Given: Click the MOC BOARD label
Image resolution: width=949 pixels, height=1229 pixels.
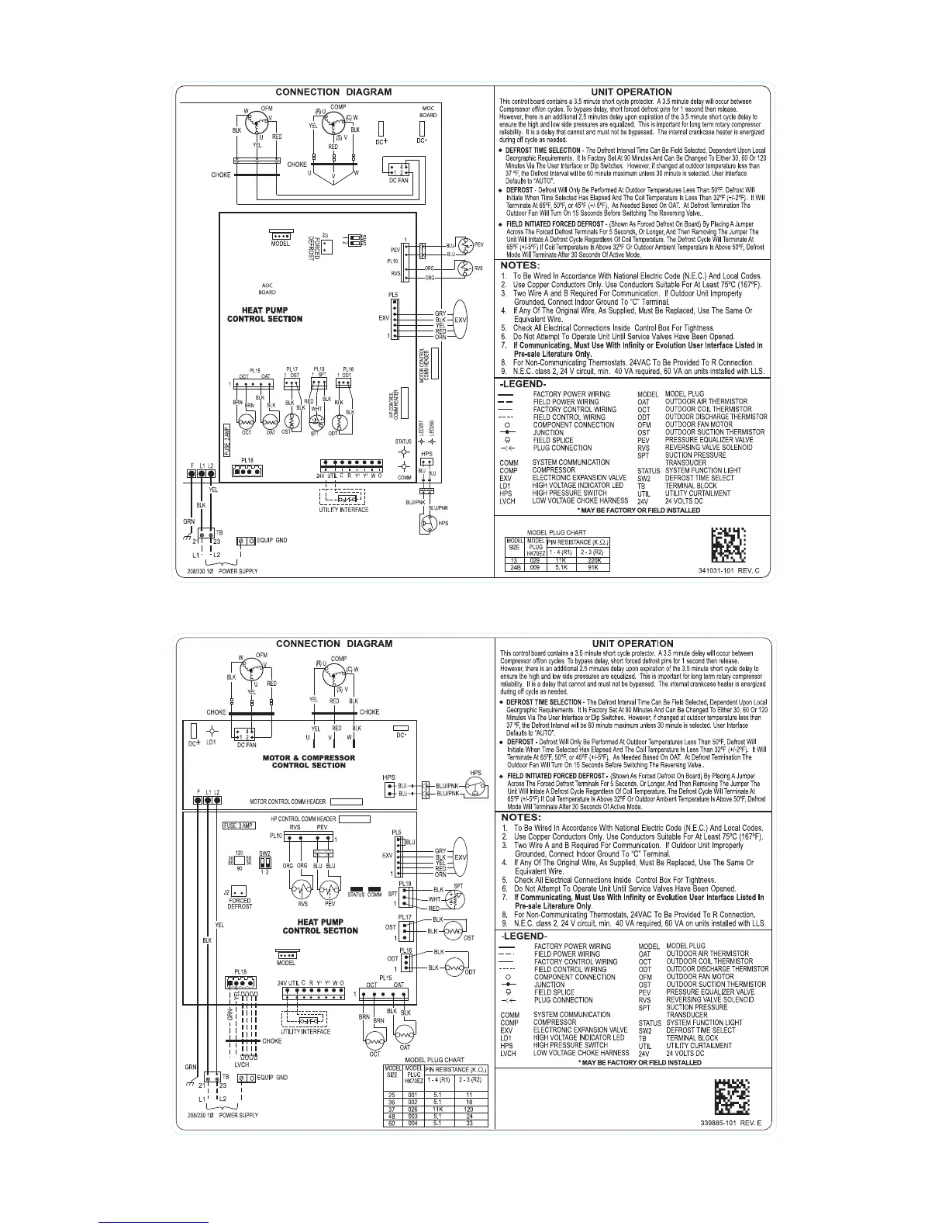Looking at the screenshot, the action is click(x=428, y=110).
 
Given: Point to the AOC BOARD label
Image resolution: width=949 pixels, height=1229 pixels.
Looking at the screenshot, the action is click(x=267, y=288).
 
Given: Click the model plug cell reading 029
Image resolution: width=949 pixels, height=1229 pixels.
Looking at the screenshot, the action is click(x=535, y=559).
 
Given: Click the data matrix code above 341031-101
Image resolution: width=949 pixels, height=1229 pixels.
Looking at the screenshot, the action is click(x=729, y=545).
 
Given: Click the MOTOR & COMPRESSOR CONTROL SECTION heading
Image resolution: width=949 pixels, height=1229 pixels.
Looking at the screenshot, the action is click(x=309, y=761).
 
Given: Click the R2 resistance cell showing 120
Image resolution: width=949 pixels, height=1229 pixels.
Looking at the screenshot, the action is click(x=470, y=1110).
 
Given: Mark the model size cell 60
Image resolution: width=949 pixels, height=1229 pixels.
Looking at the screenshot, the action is click(x=392, y=1123).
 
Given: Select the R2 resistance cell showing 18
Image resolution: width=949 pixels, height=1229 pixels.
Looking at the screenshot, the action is click(x=470, y=1102).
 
